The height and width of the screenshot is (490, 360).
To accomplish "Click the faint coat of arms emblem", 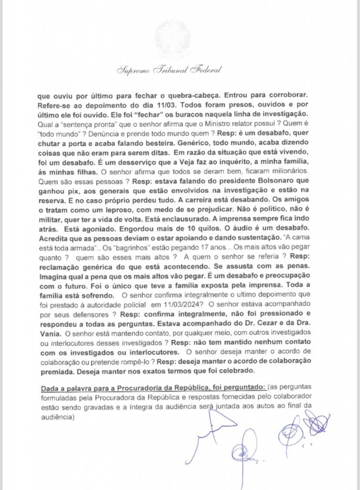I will coord(172,38).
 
